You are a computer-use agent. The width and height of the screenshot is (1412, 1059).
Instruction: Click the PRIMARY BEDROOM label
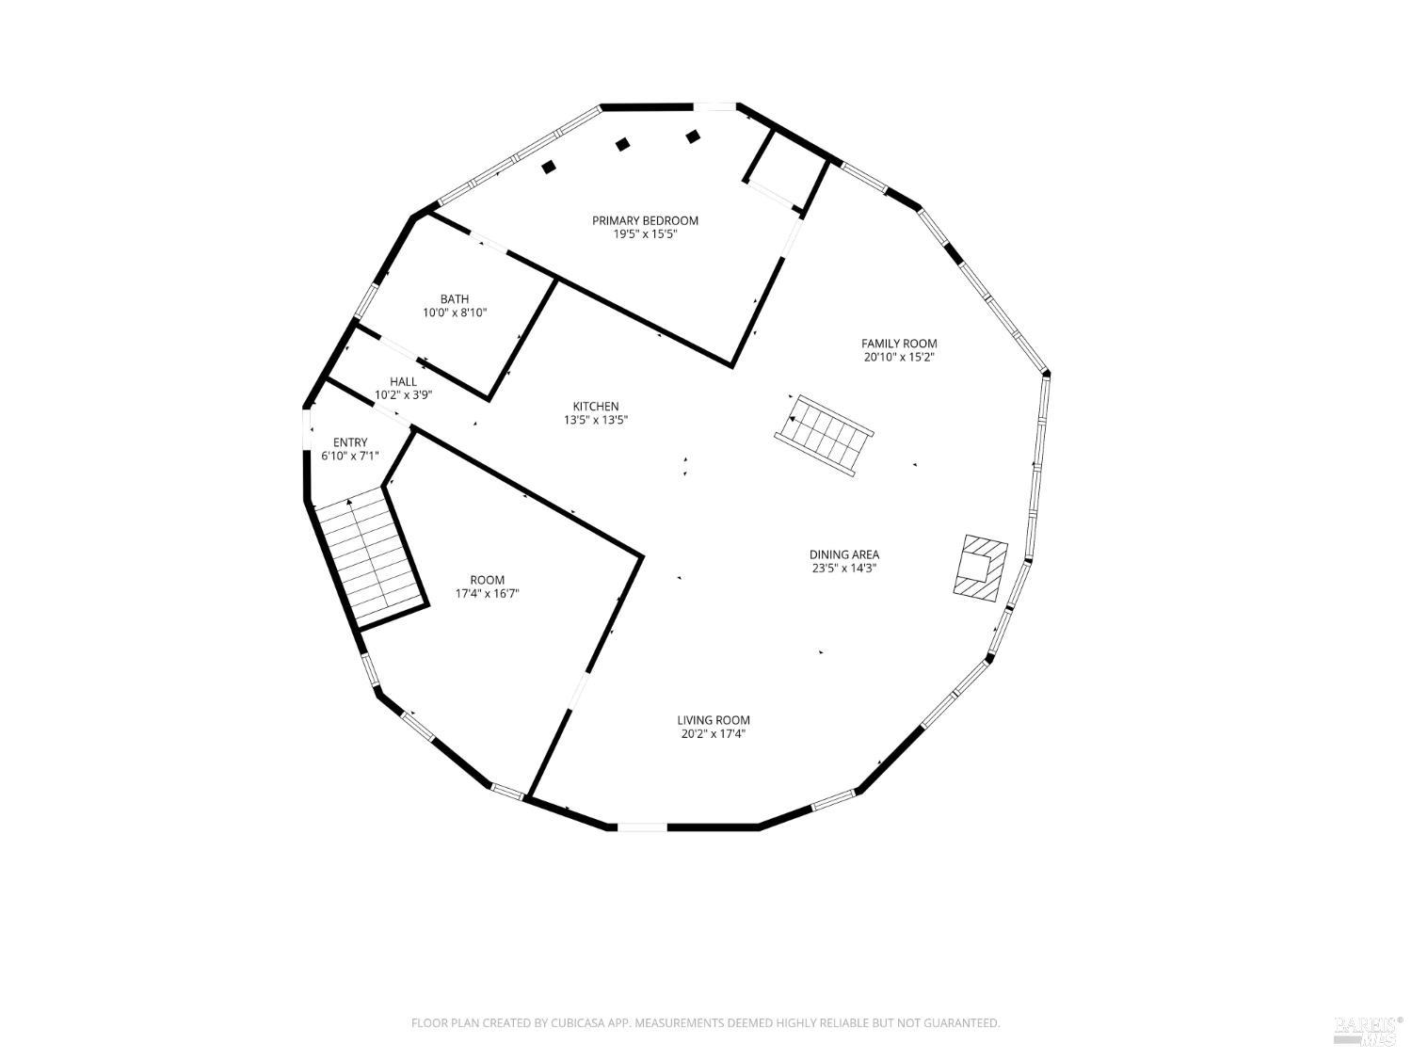645,220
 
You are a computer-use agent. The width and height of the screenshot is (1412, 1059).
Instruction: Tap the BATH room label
455,299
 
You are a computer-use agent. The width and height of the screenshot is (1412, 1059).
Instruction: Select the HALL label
403,381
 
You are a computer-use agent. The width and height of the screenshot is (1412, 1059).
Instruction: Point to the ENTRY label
350,442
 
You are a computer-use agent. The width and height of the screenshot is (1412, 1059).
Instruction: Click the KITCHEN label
596,407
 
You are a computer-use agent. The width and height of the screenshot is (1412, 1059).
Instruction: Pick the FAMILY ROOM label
899,344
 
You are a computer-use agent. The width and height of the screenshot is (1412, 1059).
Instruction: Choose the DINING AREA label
844,554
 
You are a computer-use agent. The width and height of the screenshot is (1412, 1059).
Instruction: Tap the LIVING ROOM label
714,720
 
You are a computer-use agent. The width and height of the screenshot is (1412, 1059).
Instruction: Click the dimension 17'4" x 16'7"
488,594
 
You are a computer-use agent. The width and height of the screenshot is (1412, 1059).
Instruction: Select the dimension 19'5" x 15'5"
645,234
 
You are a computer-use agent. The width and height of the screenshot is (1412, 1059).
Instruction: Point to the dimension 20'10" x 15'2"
899,358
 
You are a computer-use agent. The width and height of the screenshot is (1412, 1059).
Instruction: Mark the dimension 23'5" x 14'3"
844,569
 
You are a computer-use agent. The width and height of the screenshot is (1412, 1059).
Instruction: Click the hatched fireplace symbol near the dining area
981,567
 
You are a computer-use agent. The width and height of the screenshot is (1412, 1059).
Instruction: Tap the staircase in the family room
826,436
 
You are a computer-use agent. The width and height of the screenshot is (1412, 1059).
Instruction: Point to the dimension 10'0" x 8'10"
455,313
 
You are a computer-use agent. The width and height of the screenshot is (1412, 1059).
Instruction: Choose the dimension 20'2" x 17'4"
714,734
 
